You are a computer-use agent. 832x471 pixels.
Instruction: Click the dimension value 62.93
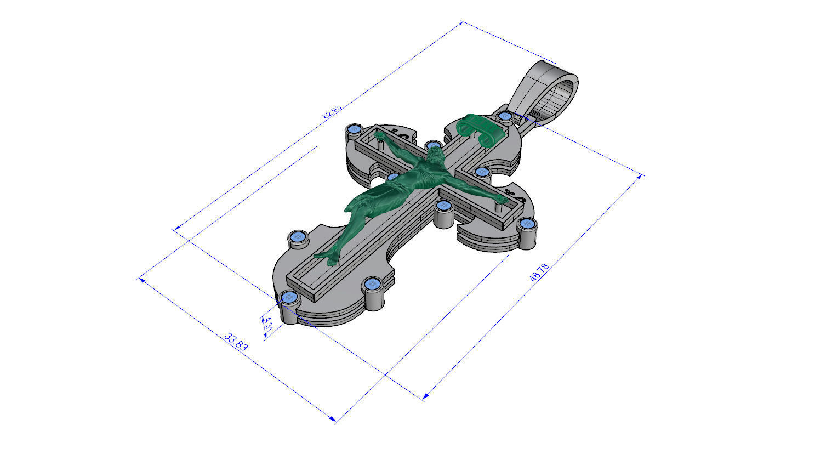click(x=332, y=112)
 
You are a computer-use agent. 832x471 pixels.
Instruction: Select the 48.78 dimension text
click(x=539, y=273)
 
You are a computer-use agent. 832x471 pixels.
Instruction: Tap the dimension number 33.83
click(x=236, y=341)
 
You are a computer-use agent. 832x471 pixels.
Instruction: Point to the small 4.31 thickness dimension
click(x=268, y=324)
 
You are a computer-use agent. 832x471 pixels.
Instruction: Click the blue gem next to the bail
click(x=505, y=116)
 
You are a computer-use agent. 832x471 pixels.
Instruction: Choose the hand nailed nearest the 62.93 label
click(x=379, y=135)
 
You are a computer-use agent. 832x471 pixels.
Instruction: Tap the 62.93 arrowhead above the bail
click(x=463, y=22)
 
